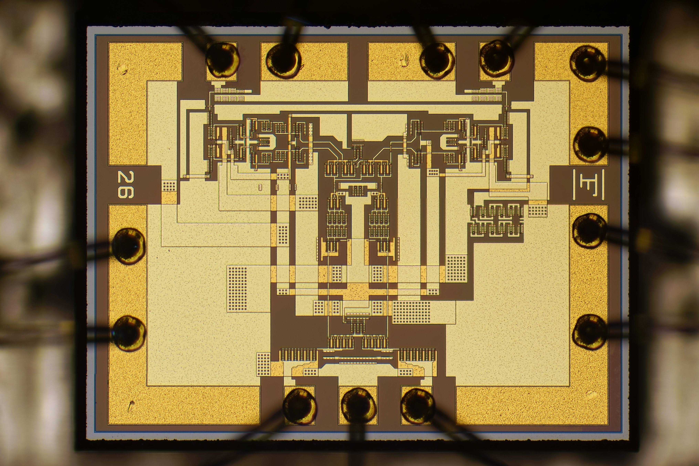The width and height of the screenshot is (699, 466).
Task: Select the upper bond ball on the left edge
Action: tap(129, 246)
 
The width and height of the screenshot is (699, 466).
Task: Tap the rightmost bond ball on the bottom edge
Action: tap(418, 406)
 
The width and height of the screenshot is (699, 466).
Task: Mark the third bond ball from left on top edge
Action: tap(437, 61)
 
